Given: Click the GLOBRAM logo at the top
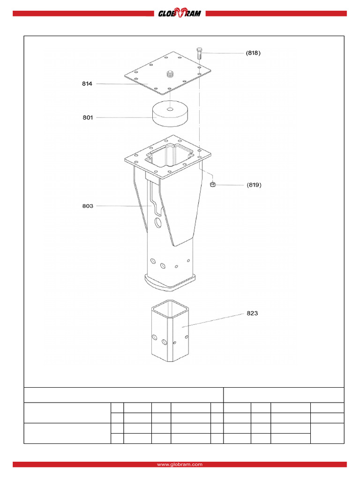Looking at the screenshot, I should click(180, 14).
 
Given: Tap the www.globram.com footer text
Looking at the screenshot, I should click(180, 464).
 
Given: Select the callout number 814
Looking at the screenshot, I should click(87, 84).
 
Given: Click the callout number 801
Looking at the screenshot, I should click(87, 118).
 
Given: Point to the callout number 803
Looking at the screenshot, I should click(87, 206).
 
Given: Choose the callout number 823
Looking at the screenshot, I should click(253, 313).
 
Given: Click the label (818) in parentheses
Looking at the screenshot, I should click(253, 53).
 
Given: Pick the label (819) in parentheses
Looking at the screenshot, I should click(254, 185).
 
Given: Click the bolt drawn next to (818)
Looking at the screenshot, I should click(199, 53).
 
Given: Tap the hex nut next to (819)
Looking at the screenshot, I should click(212, 184).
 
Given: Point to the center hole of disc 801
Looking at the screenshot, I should click(170, 110).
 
